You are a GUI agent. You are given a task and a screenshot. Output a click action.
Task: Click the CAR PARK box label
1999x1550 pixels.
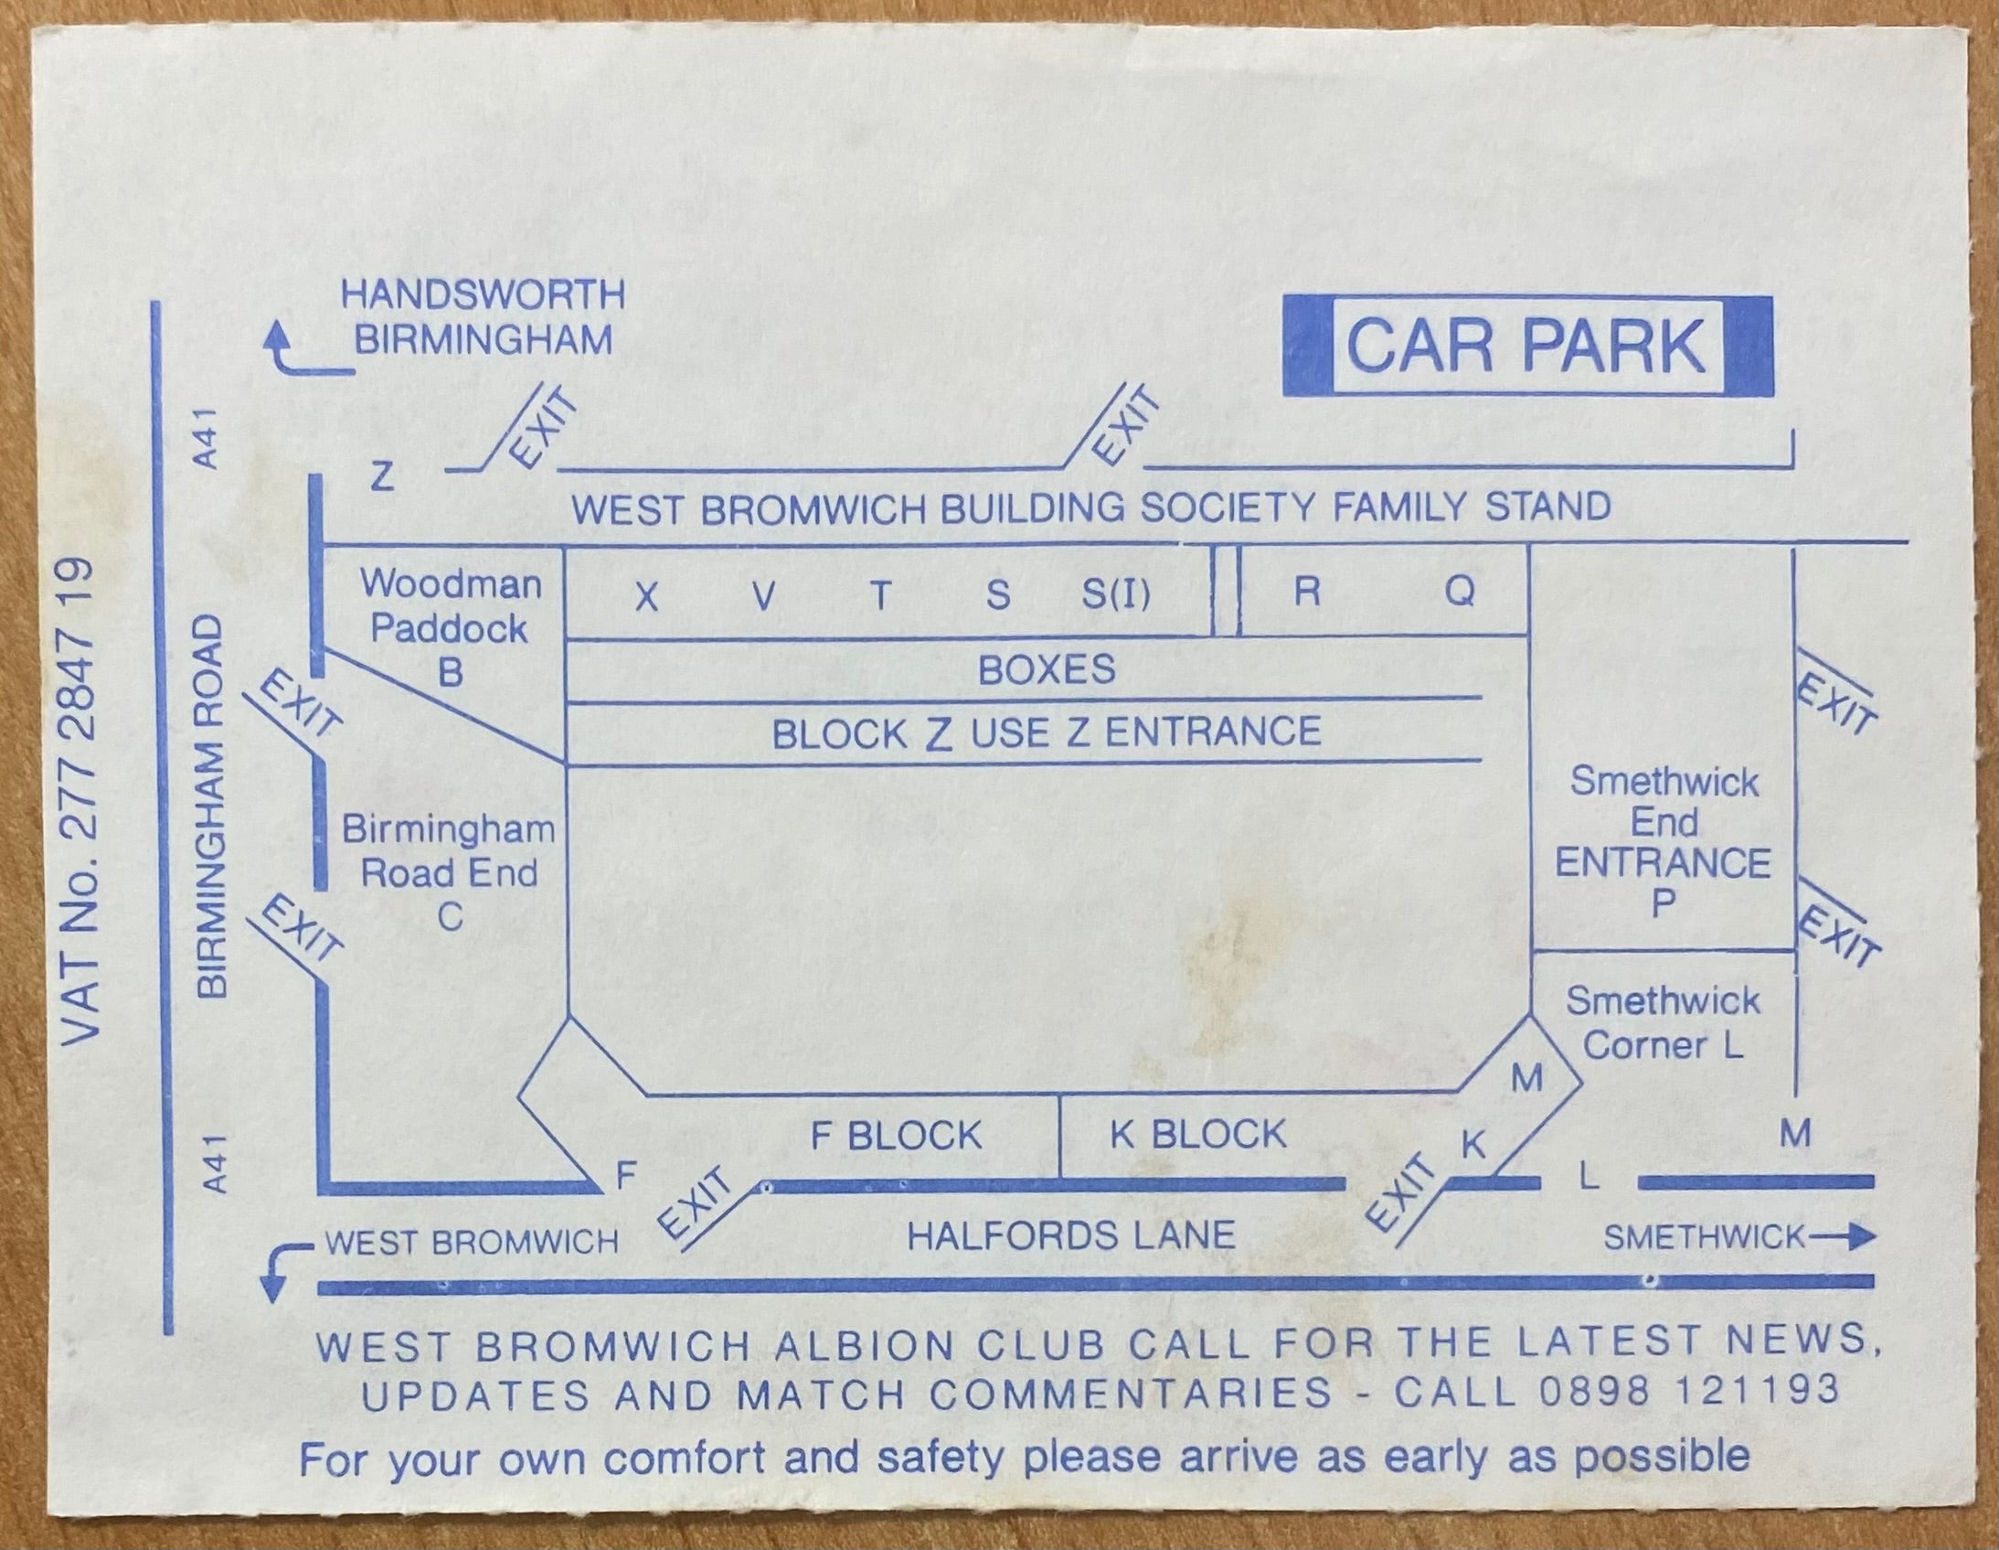pyautogui.click(x=1526, y=346)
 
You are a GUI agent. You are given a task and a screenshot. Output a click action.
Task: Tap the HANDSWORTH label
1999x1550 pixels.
pyautogui.click(x=484, y=294)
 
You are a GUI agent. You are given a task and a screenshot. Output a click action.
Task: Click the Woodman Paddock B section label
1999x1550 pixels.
pyautogui.click(x=450, y=628)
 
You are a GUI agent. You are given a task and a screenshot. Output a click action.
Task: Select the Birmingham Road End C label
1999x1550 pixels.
pyautogui.click(x=449, y=872)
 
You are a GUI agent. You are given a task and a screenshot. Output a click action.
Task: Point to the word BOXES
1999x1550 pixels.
pyautogui.click(x=1047, y=669)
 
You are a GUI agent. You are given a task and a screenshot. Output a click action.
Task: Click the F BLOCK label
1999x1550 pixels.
pyautogui.click(x=896, y=1135)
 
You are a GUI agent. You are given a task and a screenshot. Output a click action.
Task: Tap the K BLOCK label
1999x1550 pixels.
pyautogui.click(x=1198, y=1134)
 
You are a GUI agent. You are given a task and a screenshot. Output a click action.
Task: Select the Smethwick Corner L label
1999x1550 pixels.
pyautogui.click(x=1663, y=1022)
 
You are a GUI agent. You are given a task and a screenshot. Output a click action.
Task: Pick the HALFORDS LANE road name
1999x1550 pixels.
pyautogui.click(x=1071, y=1235)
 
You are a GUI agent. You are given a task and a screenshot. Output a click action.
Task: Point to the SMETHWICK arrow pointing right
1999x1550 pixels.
pyautogui.click(x=1842, y=1238)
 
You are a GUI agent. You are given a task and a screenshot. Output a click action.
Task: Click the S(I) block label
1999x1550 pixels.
pyautogui.click(x=1116, y=595)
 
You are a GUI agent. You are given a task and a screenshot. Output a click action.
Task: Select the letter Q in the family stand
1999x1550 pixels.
pyautogui.click(x=1460, y=592)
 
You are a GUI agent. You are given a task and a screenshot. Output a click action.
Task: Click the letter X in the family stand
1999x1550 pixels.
pyautogui.click(x=647, y=598)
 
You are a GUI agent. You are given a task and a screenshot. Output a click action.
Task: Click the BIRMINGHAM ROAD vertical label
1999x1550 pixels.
pyautogui.click(x=211, y=807)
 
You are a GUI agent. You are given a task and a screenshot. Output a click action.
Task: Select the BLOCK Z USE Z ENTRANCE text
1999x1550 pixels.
pyautogui.click(x=1047, y=732)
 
